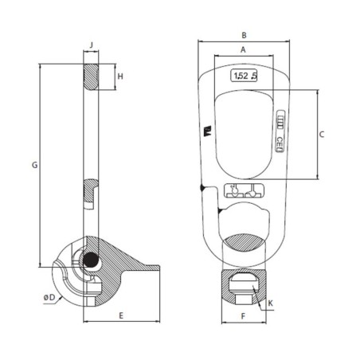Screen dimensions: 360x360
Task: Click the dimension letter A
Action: tap(242, 49)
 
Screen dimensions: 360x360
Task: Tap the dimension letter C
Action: tap(322, 135)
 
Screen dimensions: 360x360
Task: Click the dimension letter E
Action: tap(121, 316)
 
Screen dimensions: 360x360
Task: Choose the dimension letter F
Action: tap(242, 316)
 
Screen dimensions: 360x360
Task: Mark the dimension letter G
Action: tap(33, 166)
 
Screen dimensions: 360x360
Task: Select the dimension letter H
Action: tap(121, 76)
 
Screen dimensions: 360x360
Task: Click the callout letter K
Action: tap(272, 303)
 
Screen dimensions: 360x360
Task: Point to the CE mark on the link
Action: tap(281, 143)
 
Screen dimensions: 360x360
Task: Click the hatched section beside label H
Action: tap(94, 77)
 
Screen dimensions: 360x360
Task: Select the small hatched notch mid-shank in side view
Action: tap(90, 193)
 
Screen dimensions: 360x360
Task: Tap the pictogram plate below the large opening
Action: tap(243, 191)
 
